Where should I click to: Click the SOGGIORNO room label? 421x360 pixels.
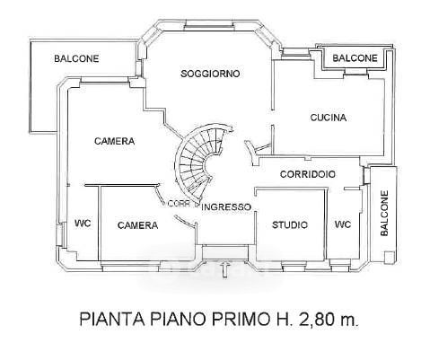210,74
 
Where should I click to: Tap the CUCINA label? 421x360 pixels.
329,118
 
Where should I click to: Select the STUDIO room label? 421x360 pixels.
290,224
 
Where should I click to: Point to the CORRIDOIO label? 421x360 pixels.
308,174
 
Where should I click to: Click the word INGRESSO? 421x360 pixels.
226,206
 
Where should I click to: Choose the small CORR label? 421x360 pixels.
179,204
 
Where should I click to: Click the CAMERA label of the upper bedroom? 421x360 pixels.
114,141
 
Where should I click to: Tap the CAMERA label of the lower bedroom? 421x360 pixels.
137,225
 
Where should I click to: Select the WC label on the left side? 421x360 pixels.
83,224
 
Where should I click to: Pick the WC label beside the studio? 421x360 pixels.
343,224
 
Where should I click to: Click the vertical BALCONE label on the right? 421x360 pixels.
384,214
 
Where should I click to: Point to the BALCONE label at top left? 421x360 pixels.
76,58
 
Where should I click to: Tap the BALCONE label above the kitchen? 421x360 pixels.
355,58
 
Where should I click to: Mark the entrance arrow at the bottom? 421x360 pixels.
225,268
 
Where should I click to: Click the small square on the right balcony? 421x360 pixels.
389,258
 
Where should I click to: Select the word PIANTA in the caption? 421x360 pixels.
112,319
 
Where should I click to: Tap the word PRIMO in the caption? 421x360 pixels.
241,319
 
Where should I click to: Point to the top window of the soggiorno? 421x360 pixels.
222,26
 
